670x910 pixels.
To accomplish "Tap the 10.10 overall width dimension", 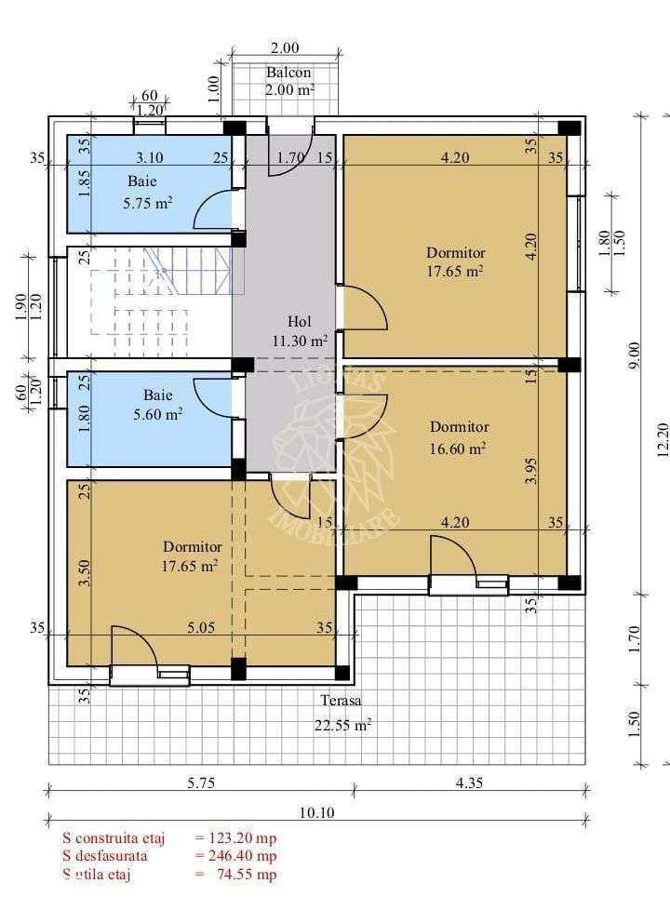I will pyautogui.click(x=317, y=812).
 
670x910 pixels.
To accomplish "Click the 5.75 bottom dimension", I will pyautogui.click(x=199, y=783).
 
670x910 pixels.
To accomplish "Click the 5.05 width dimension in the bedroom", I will pyautogui.click(x=200, y=628).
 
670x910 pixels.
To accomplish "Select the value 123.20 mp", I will pyautogui.click(x=236, y=838).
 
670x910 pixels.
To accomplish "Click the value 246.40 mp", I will pyautogui.click(x=236, y=855).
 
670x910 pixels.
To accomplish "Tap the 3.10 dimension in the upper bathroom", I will pyautogui.click(x=150, y=158).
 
